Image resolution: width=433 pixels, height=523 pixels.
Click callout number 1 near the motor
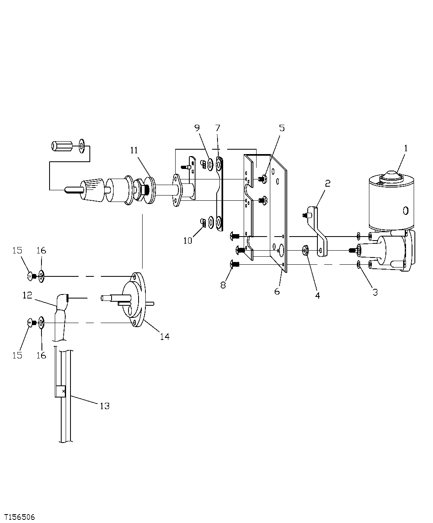coord(406,148)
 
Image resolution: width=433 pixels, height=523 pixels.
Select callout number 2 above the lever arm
coord(327,183)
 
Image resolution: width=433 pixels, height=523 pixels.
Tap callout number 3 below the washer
coord(375,292)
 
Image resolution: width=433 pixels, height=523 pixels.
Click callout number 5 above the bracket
coord(282,128)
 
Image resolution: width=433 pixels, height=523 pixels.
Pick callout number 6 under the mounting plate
coord(277,291)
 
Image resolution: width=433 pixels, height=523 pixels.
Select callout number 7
coord(218,128)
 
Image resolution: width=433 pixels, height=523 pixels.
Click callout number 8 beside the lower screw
coord(223,284)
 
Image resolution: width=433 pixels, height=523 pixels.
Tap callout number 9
coord(197,128)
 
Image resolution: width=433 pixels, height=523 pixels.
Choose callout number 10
coord(188,241)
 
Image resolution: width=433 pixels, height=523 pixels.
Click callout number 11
coord(134,150)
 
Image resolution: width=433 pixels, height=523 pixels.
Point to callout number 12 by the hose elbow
coord(27,295)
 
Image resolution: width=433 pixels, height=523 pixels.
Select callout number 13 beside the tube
coord(104,406)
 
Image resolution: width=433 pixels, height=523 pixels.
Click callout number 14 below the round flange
coord(164,336)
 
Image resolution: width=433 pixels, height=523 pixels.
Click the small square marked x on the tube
coord(60,391)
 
